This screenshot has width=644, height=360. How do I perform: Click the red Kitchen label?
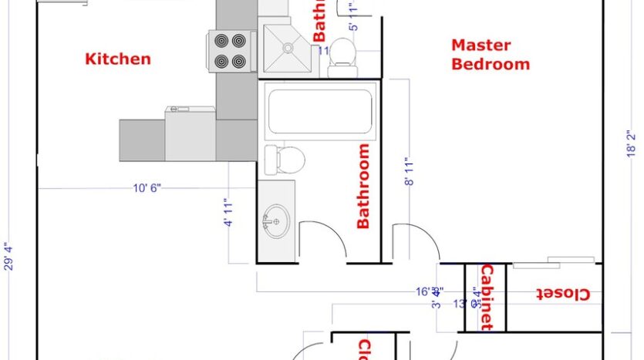tap(117, 59)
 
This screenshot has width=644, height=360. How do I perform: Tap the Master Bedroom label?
tap(491, 55)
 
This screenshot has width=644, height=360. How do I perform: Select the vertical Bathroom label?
tap(362, 187)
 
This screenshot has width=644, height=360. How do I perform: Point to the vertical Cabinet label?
tap(487, 297)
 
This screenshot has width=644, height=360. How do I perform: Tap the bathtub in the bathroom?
tap(319, 111)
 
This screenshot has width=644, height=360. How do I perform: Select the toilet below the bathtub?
tap(284, 160)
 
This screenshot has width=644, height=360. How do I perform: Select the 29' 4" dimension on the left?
tap(8, 257)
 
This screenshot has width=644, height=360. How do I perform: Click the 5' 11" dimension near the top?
tap(354, 17)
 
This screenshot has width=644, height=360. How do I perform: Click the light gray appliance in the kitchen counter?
tap(190, 133)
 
